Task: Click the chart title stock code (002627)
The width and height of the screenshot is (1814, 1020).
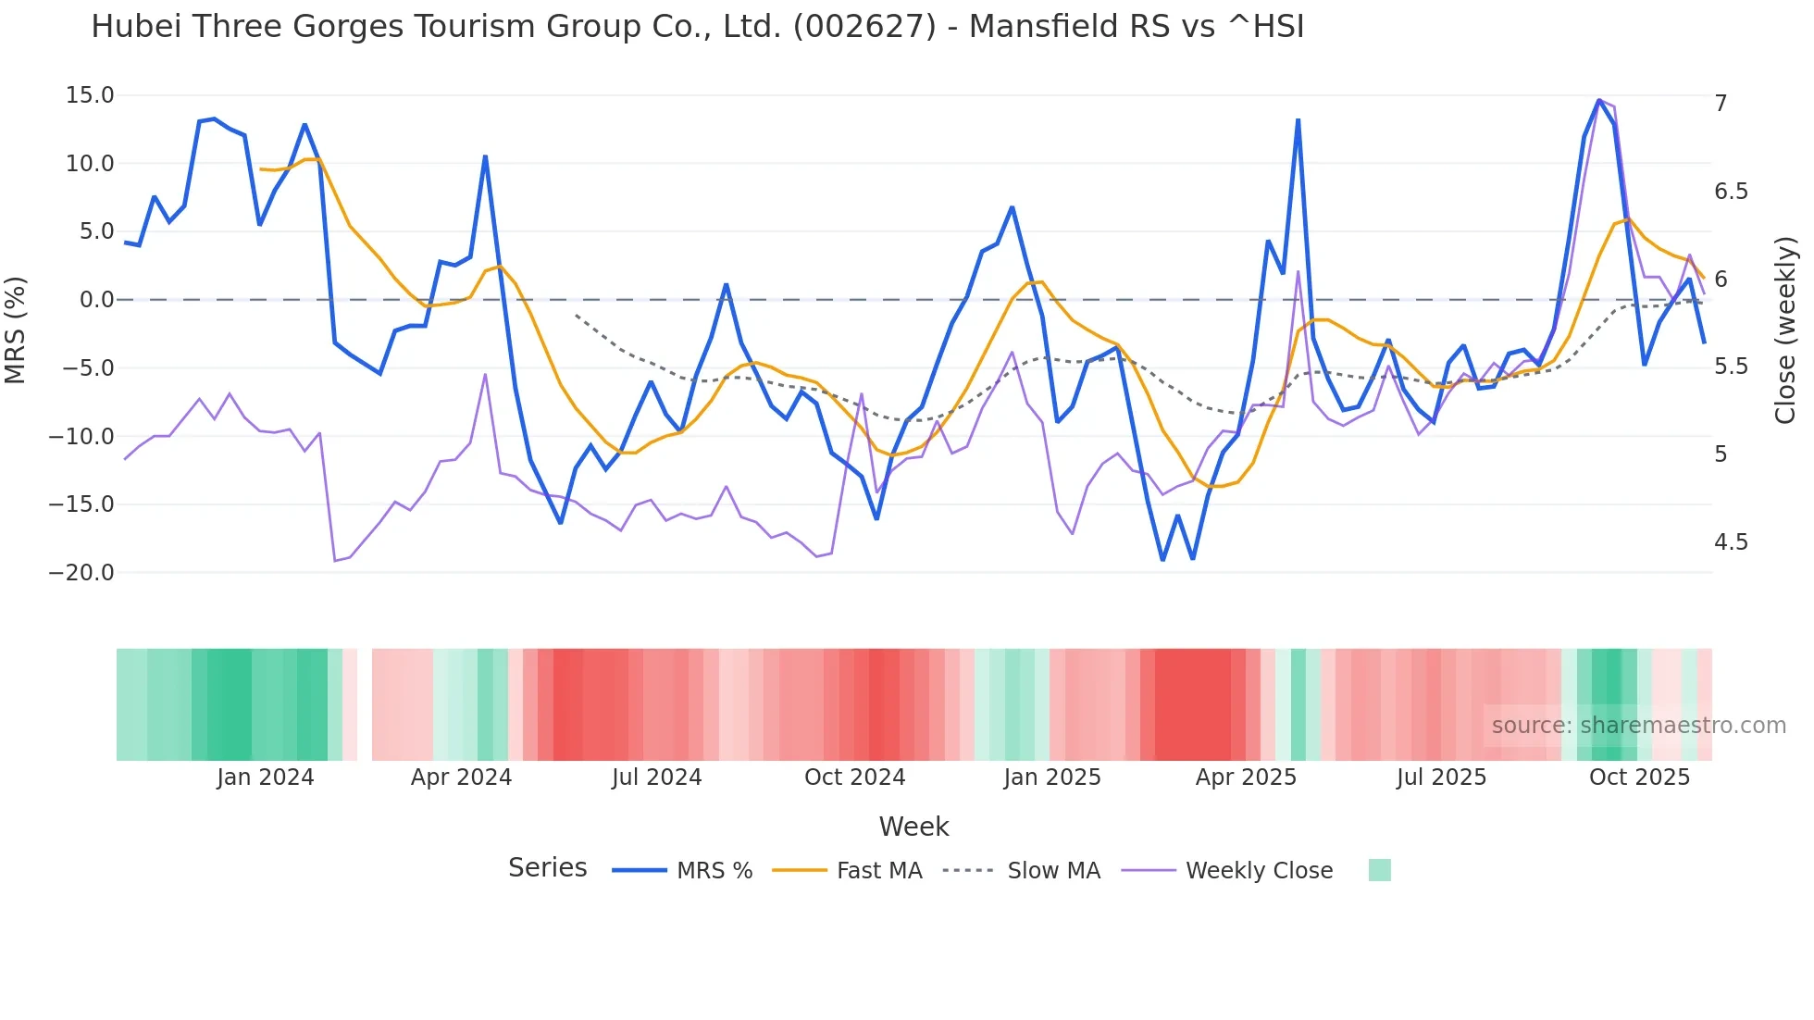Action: (x=864, y=27)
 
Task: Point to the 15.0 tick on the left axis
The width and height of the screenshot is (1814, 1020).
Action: (x=90, y=95)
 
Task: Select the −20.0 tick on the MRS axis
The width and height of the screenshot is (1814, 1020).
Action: (x=82, y=573)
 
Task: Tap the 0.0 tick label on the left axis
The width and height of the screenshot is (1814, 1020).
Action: (x=96, y=300)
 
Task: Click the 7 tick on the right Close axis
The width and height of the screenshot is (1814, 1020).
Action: (x=1721, y=103)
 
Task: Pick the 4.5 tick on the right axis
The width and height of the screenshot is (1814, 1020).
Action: (x=1731, y=542)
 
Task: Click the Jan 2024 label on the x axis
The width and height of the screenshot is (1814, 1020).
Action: (x=266, y=777)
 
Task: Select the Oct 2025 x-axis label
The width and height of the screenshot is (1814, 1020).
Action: (x=1639, y=777)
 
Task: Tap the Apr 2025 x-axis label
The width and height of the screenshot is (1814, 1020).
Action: (x=1246, y=777)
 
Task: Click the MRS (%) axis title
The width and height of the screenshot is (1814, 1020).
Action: (x=16, y=330)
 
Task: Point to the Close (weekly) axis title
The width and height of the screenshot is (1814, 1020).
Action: (x=1785, y=330)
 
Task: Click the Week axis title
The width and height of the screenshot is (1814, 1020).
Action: (x=913, y=827)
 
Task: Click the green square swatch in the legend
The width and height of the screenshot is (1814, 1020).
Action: (x=1379, y=870)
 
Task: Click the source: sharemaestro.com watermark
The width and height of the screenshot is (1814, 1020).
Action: (x=1638, y=726)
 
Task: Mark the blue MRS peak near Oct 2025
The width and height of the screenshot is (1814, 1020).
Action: (x=1599, y=100)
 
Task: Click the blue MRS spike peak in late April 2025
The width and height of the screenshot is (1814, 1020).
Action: (x=1298, y=120)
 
